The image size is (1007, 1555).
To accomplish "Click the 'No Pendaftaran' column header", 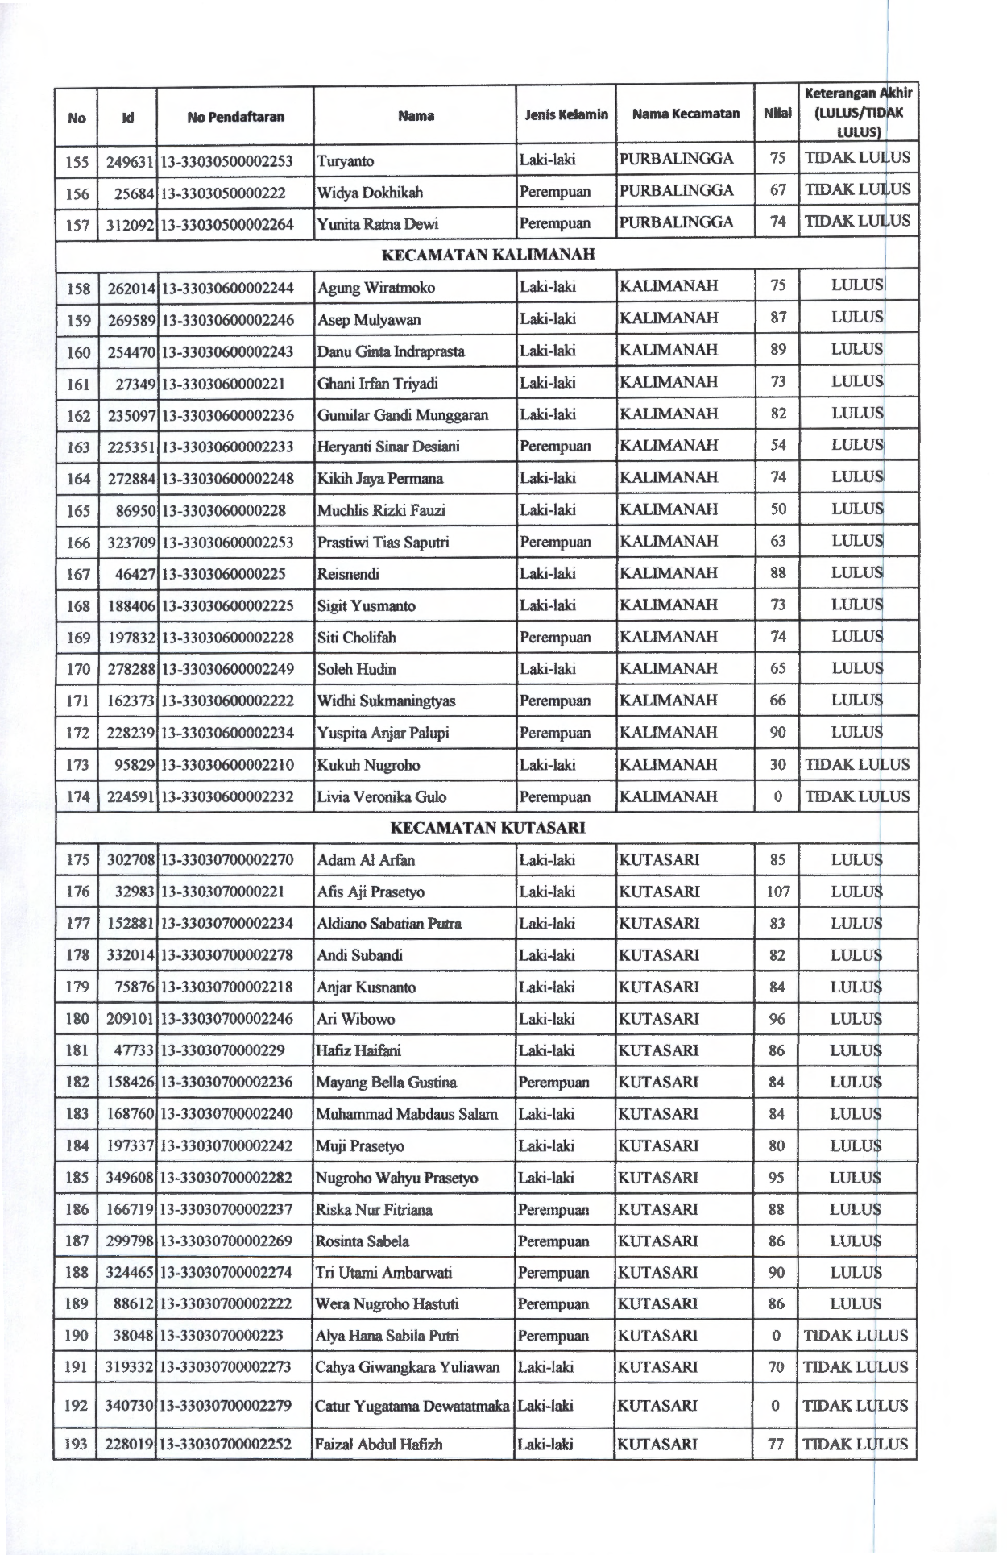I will coord(235,117).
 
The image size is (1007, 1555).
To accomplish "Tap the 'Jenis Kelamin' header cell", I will coord(566,114).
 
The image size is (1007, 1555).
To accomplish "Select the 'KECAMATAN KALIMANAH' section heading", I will coord(487,255).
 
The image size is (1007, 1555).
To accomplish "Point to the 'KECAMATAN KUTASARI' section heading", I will coord(487,828).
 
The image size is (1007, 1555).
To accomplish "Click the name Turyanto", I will coord(346,160).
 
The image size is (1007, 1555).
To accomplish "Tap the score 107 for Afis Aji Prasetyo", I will coord(777,892).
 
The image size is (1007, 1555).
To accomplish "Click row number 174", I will coord(77,797).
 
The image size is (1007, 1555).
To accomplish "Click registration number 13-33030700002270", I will coord(227,860).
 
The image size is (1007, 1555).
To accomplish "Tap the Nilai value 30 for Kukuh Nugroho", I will coord(777,765).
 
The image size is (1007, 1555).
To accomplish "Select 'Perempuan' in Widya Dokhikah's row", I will coord(554,192).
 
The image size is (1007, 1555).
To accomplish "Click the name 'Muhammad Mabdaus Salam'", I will coord(407,1115).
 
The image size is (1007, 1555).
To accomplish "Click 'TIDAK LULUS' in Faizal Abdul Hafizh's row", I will coord(856,1445).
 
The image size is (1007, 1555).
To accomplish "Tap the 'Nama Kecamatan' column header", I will coord(686,114).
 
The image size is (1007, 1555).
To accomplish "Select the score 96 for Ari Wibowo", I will coord(777,1019).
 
